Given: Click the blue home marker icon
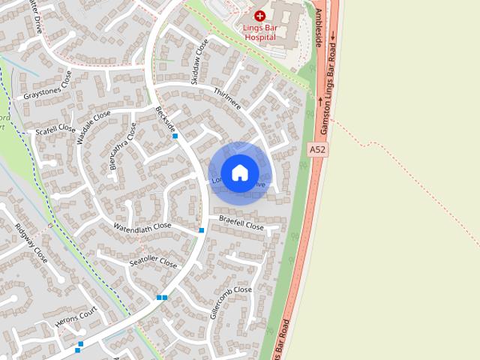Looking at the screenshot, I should (239, 172).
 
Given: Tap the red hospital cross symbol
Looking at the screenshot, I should (259, 15).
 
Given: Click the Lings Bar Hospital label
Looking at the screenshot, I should (260, 31).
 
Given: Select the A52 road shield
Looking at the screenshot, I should (317, 150).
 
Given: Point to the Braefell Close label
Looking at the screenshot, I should (241, 223).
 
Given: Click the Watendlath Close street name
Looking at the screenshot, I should (142, 226).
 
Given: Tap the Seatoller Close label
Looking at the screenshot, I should (153, 262).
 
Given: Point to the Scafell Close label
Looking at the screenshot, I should (56, 130).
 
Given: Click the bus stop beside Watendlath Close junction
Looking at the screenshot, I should (201, 230).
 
